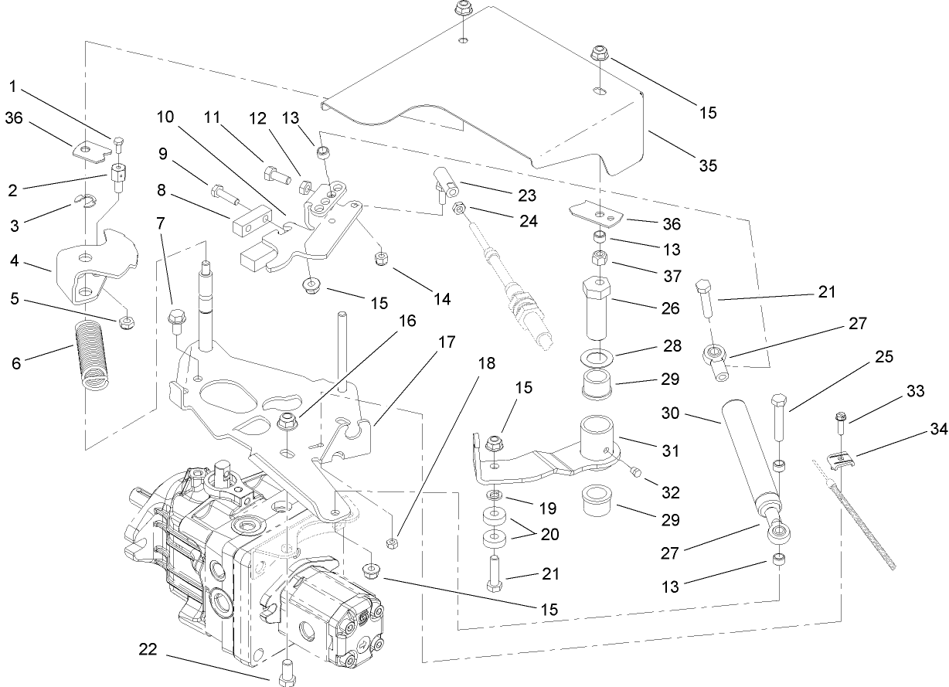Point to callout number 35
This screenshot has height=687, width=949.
[x=708, y=165]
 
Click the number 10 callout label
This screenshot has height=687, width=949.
[x=164, y=117]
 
